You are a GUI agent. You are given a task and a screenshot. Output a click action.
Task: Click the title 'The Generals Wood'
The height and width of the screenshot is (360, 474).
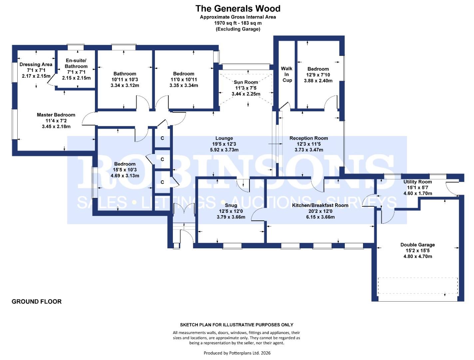(x=237, y=8)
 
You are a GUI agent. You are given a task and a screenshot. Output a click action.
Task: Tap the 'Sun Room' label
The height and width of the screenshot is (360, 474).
(x=246, y=82)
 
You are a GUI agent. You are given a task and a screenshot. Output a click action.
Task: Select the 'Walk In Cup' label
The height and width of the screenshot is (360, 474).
(x=287, y=74)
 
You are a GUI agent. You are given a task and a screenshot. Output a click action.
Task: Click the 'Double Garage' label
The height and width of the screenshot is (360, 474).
(x=417, y=245)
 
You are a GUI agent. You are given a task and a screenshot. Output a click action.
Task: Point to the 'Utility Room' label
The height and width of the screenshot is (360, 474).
(x=417, y=182)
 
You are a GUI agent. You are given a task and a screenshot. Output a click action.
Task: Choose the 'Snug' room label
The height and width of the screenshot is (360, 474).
(x=231, y=205)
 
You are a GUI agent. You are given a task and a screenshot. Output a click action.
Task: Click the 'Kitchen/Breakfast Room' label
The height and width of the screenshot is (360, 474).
(x=320, y=205)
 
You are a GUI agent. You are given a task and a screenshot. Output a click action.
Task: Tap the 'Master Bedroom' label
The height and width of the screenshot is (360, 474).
(x=56, y=115)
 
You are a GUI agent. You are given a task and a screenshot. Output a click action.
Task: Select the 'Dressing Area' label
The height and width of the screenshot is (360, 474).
(x=36, y=64)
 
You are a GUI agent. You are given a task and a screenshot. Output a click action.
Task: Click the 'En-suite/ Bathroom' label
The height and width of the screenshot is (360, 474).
(x=76, y=63)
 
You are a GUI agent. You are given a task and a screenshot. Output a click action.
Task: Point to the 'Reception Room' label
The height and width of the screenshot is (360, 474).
(x=308, y=138)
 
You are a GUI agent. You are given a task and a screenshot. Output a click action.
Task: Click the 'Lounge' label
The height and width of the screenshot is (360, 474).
(x=224, y=138)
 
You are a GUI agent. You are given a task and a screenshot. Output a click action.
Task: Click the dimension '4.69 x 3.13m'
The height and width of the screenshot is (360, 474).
(x=125, y=176)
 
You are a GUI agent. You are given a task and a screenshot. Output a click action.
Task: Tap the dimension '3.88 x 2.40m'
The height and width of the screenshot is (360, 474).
(x=318, y=80)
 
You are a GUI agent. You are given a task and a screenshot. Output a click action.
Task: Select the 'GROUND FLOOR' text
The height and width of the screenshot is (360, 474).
(x=37, y=301)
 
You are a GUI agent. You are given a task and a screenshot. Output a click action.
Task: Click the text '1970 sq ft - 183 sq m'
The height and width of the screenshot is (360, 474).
(x=237, y=23)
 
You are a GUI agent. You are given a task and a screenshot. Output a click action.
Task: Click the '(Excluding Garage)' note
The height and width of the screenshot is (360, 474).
(x=237, y=29)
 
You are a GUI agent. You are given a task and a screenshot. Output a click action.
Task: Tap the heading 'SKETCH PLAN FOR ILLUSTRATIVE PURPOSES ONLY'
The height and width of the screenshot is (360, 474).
(x=237, y=325)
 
